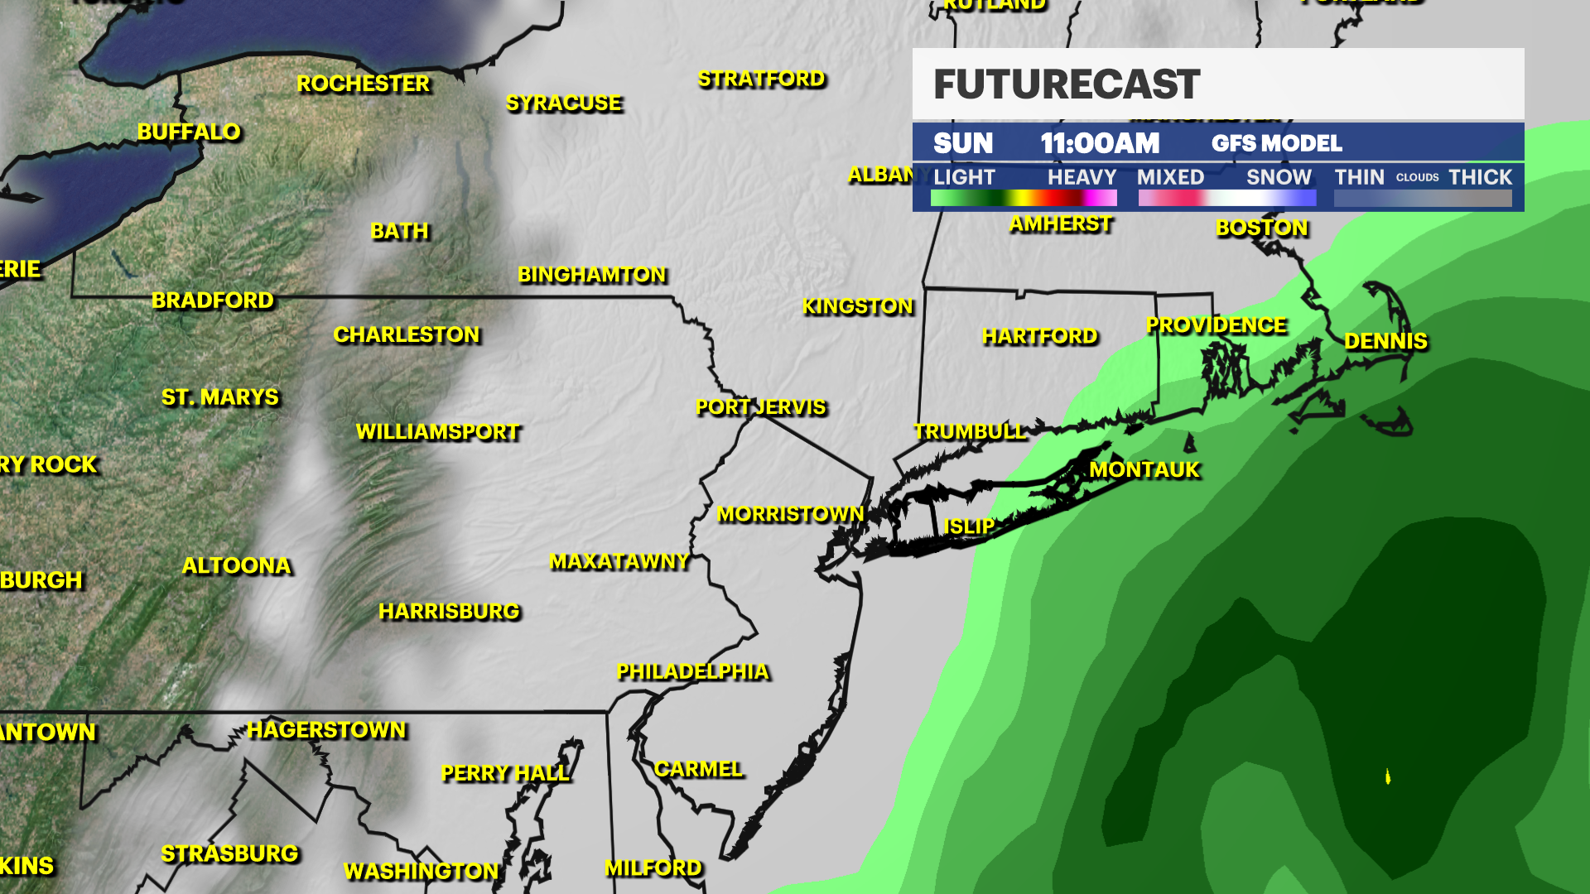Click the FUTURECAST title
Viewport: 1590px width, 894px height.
coord(1067,84)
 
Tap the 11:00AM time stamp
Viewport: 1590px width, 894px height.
coord(1100,144)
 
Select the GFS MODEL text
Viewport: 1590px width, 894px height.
coord(1276,144)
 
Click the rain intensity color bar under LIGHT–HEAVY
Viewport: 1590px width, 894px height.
coord(1024,198)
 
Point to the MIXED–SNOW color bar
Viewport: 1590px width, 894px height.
coord(1226,198)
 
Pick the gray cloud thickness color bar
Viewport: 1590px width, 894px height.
coord(1423,198)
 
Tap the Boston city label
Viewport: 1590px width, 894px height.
coord(1261,228)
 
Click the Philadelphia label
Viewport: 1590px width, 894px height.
coord(693,672)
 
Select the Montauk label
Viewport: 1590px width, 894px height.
coord(1144,470)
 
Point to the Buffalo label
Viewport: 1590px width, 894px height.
coord(189,132)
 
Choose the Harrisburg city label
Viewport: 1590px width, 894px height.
coord(449,612)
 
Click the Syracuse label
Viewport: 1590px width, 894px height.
coord(564,103)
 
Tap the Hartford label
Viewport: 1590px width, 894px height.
coord(1039,336)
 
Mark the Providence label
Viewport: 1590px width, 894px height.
coord(1216,326)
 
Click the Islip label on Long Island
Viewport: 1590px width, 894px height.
coord(969,526)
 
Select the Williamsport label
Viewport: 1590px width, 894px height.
coord(438,432)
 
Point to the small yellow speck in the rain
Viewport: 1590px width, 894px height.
coord(1388,776)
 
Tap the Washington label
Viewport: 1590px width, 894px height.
coord(422,872)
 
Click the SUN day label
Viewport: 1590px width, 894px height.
coord(962,144)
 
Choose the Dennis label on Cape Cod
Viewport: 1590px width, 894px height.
coord(1385,341)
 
